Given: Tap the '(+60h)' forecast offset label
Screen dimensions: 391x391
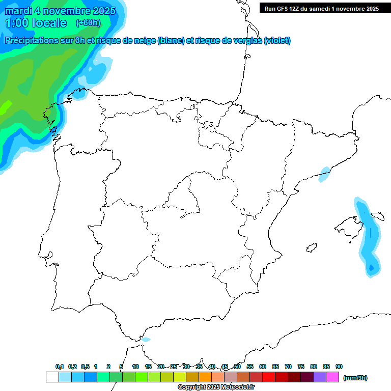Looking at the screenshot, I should tap(88, 22).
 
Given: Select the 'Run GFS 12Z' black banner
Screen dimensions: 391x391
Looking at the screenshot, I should tap(321, 8).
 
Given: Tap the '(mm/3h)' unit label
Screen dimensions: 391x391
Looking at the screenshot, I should tap(355, 378).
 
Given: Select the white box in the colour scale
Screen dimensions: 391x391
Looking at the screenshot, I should tap(52, 377).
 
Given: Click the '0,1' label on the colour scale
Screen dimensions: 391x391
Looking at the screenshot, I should tap(60, 367).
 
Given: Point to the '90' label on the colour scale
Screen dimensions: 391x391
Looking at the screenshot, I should tap(339, 367).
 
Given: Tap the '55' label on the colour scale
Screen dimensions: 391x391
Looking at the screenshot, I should tap(250, 367).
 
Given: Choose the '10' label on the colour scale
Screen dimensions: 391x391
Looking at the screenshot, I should tap(135, 367).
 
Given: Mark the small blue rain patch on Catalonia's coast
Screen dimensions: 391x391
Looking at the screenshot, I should tap(324, 174).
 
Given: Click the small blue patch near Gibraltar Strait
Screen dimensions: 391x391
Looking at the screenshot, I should tap(146, 340).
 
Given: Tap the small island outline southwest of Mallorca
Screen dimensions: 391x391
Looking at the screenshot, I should tap(311, 248).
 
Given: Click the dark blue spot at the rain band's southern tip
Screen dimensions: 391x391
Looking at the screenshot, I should tap(371, 267).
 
